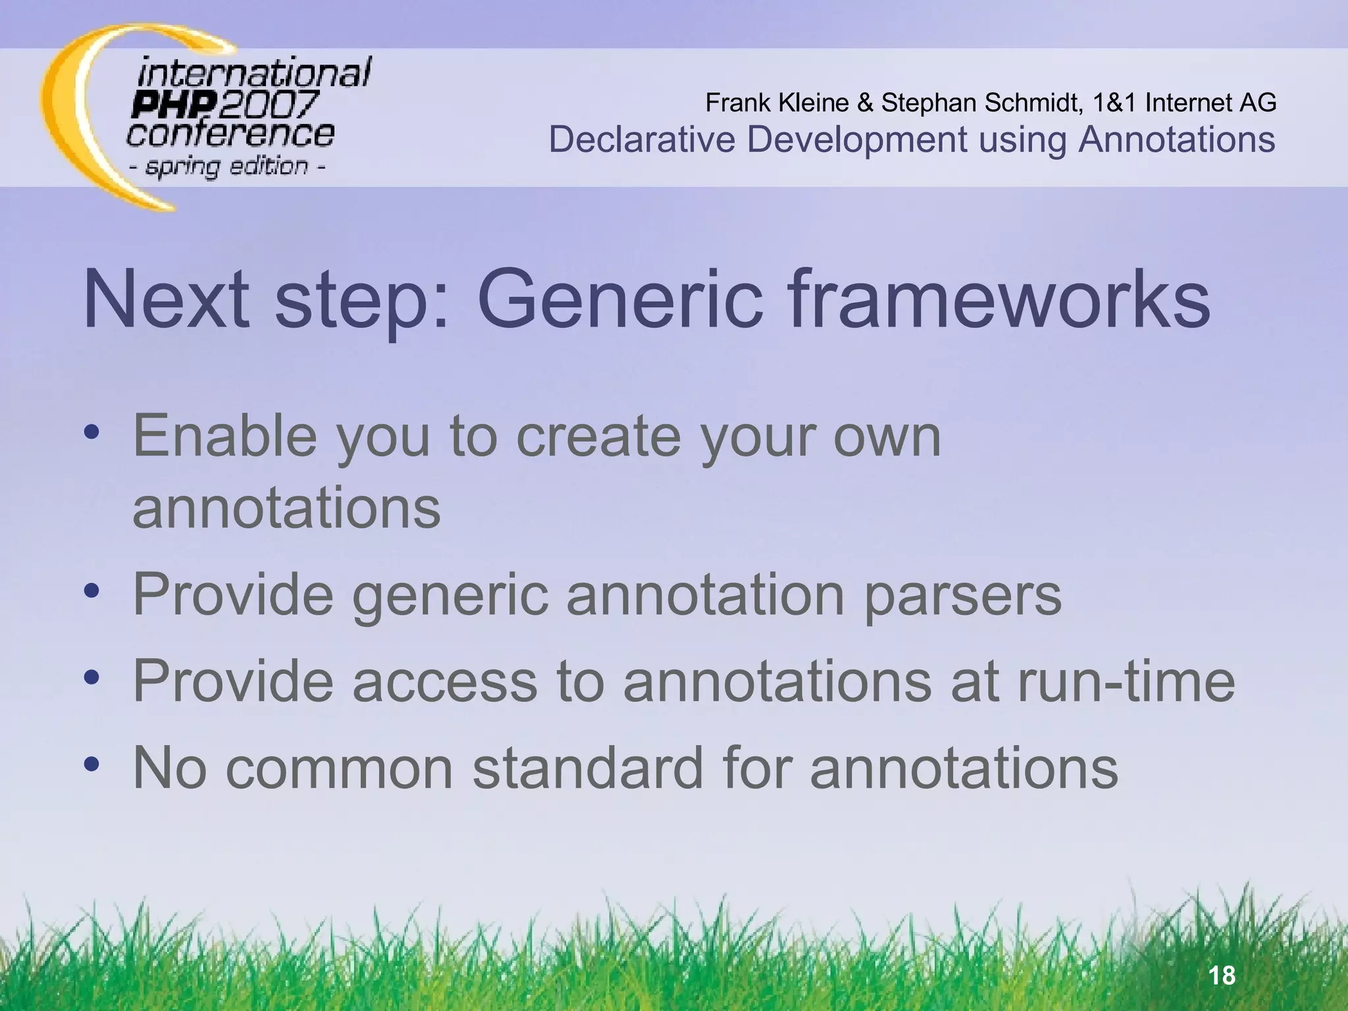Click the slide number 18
coord(1222,975)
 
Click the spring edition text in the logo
coord(226,166)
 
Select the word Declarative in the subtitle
coord(641,140)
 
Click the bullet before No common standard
coord(91,764)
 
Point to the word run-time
coord(1126,682)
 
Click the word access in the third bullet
coord(445,682)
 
